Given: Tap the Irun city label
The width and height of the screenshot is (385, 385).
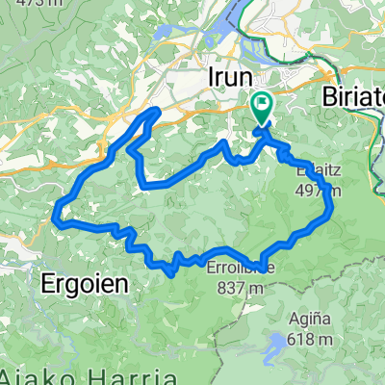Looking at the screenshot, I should click(x=231, y=78).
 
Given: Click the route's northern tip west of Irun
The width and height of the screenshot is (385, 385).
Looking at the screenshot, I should click(x=155, y=112).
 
